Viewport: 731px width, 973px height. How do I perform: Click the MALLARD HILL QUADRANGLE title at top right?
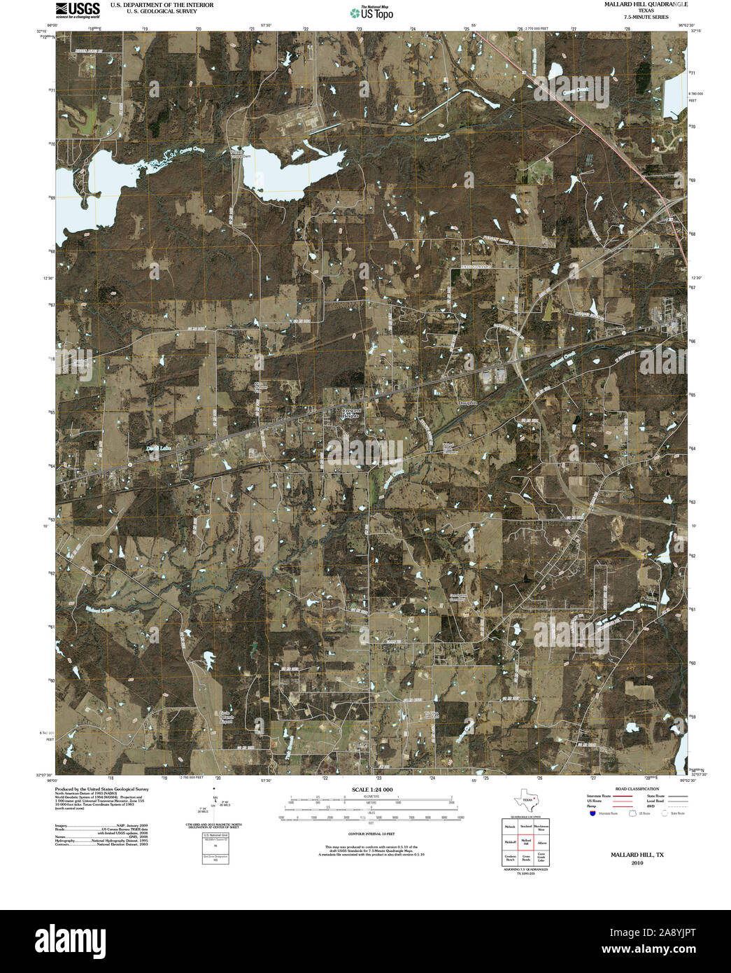[x=636, y=4]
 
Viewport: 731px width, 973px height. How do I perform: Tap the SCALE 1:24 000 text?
[x=372, y=790]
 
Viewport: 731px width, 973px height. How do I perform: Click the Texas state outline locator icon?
[x=525, y=799]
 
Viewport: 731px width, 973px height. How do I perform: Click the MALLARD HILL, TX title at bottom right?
[x=637, y=855]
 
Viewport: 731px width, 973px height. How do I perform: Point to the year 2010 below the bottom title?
[x=637, y=863]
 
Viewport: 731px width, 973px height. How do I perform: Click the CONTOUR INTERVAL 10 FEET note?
[x=372, y=834]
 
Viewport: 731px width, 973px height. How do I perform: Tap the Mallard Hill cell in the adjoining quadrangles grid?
[x=525, y=842]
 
